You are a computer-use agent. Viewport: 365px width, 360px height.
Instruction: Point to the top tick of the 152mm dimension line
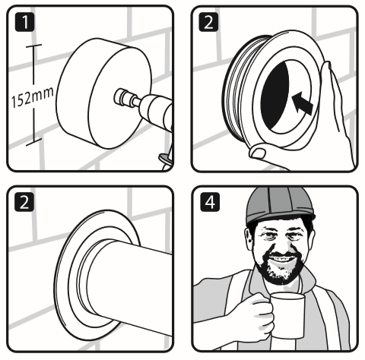[x=30, y=46]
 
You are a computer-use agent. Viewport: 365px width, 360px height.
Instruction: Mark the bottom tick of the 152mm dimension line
[x=30, y=144]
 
